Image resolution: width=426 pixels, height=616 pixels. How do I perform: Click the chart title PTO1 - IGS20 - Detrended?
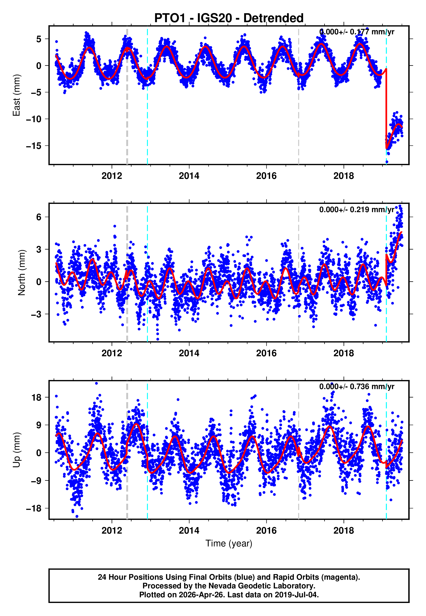229,18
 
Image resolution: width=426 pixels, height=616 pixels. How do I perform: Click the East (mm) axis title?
17,95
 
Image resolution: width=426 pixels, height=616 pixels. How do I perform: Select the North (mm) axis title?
21,273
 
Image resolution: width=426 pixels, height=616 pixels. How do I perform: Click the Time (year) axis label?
229,543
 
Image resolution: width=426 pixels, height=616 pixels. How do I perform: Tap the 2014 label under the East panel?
189,176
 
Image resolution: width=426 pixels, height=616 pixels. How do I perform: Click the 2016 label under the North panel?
266,353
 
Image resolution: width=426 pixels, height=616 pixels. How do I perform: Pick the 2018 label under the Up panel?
343,531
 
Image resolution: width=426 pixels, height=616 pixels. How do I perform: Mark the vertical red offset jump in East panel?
386,107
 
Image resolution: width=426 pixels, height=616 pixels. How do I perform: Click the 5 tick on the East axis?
39,39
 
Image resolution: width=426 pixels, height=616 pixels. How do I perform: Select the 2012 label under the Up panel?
112,531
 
